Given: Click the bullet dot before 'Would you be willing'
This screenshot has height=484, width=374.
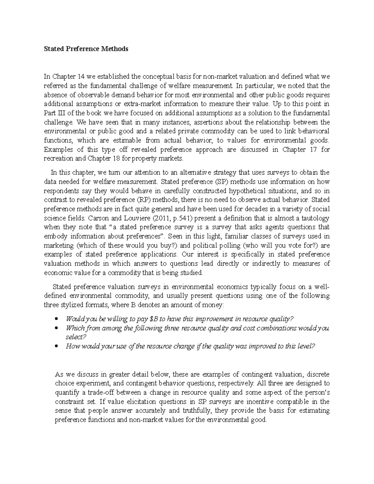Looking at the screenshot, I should point(56,319).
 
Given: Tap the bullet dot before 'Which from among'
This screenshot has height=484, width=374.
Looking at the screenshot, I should point(56,328).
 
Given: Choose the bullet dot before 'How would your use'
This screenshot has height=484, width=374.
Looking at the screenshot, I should point(56,347).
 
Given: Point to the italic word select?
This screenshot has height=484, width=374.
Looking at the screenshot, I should point(76,337).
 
